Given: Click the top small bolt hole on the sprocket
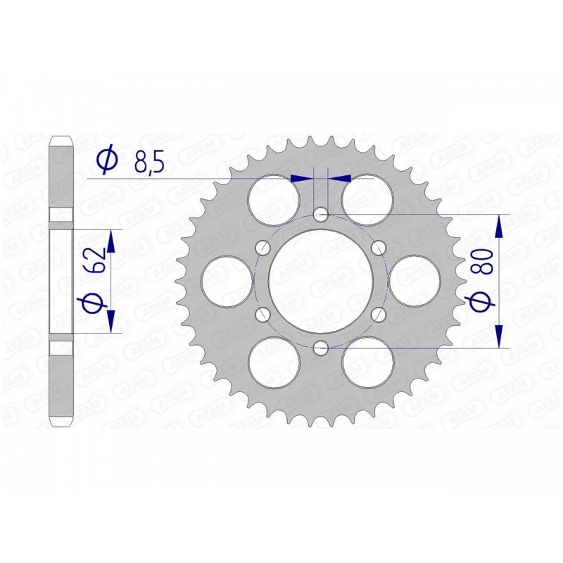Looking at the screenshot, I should (321, 213).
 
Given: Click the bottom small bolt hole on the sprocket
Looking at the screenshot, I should (321, 346).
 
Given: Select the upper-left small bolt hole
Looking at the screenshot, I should (263, 247).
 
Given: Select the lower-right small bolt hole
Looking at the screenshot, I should (379, 313).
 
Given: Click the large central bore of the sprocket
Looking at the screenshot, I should (321, 280).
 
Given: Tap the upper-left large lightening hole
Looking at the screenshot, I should (274, 199).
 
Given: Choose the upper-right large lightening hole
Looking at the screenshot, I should (368, 199).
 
